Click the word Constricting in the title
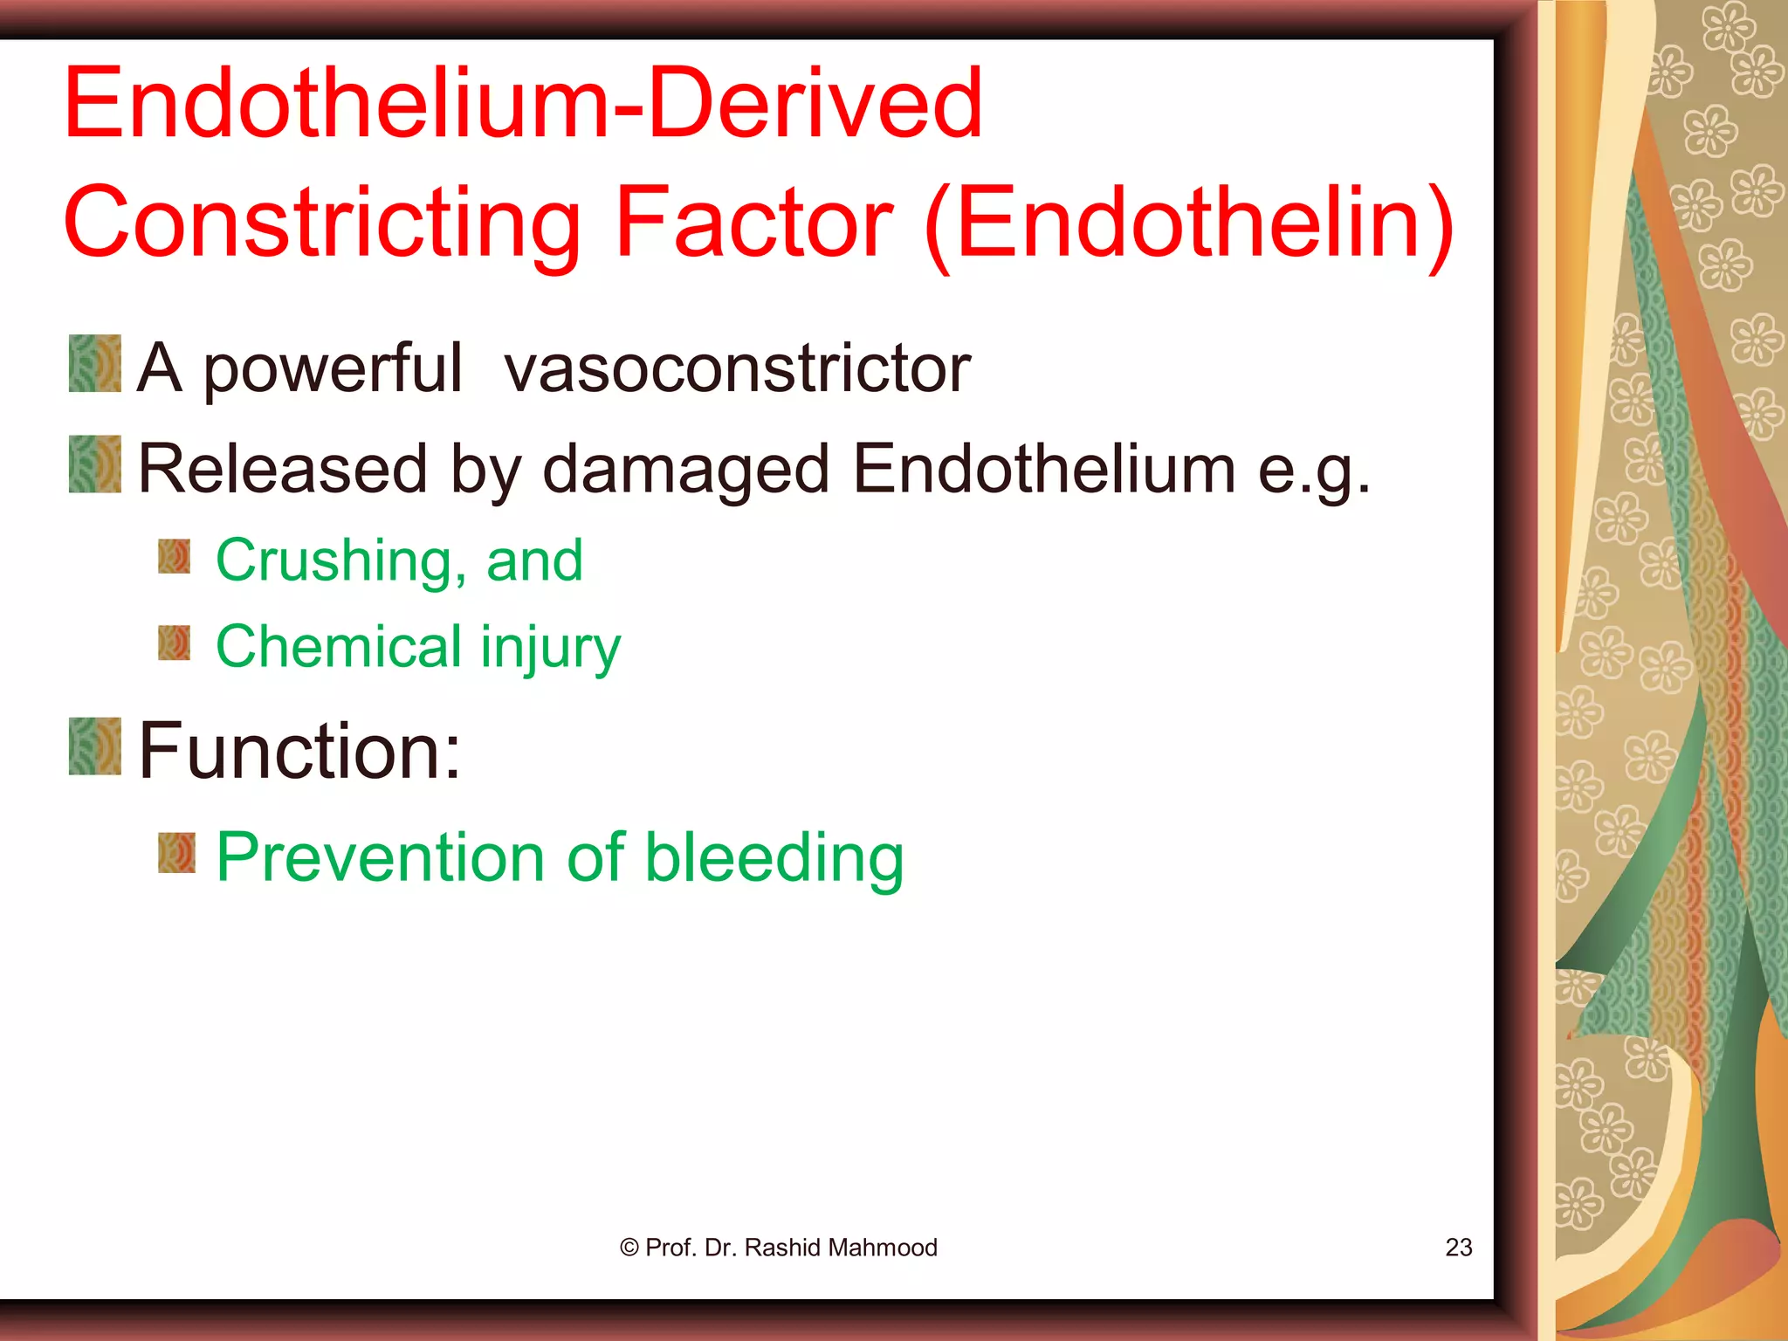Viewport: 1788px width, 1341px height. [321, 223]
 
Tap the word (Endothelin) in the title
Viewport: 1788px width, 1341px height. [1189, 223]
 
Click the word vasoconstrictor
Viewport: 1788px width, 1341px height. [737, 368]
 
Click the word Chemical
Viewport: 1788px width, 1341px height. [339, 647]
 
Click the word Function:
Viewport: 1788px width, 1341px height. [299, 750]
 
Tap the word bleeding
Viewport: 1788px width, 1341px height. [774, 858]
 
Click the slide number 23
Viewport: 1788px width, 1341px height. [1458, 1248]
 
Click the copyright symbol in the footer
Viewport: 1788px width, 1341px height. [629, 1248]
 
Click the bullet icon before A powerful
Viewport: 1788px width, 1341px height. [95, 363]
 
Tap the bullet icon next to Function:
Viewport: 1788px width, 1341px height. [95, 746]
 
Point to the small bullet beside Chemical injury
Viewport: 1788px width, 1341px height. [175, 643]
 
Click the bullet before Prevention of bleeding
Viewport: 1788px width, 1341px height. [177, 853]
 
